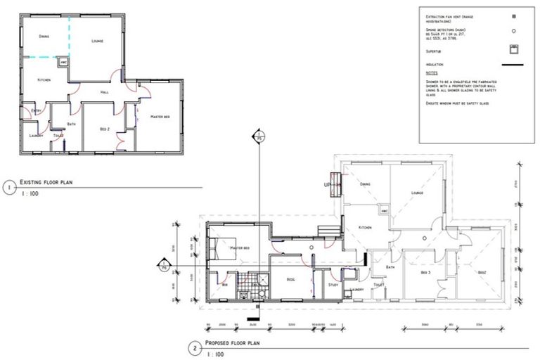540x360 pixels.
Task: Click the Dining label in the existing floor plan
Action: click(x=44, y=35)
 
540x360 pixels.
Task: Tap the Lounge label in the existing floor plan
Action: click(x=98, y=41)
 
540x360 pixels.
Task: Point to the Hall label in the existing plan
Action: click(x=104, y=92)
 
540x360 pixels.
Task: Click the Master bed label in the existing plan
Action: click(x=160, y=116)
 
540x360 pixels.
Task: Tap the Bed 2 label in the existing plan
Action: click(x=104, y=129)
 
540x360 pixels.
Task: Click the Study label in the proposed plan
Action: click(x=333, y=285)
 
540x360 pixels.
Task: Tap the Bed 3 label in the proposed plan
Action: click(x=425, y=272)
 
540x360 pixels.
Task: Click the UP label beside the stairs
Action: click(x=327, y=185)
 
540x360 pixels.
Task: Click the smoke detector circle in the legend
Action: click(x=514, y=31)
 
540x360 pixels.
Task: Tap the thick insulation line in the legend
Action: click(x=514, y=65)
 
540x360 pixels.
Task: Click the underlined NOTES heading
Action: click(x=432, y=73)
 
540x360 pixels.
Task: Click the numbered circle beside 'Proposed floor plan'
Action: click(x=193, y=347)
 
